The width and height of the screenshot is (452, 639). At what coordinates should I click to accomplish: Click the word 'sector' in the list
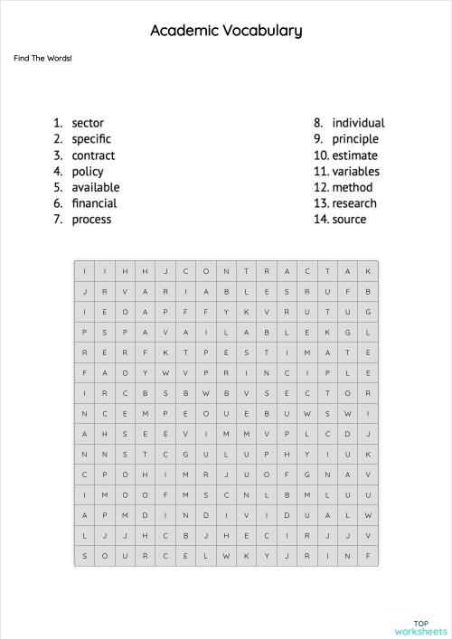[x=88, y=123]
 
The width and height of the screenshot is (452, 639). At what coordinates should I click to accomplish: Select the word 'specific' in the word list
[x=91, y=139]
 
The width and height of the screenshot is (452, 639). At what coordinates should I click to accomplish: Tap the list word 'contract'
[x=93, y=155]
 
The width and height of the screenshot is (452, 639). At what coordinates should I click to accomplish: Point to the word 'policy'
[x=88, y=172]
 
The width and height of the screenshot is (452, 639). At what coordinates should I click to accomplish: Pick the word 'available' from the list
[x=96, y=187]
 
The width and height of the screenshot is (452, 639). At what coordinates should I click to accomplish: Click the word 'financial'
[x=94, y=203]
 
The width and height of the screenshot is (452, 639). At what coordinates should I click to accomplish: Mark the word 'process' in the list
[x=91, y=220]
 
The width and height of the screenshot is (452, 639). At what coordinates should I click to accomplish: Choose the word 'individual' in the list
[x=358, y=123]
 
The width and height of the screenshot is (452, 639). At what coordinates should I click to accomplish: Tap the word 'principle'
[x=355, y=139]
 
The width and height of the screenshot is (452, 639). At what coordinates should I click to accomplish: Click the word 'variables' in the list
[x=355, y=172]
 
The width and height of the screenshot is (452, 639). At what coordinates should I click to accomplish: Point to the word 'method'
[x=352, y=187]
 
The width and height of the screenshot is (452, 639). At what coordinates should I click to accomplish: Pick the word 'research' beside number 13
[x=354, y=203]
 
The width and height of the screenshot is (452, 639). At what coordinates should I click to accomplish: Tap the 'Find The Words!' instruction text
[x=42, y=59]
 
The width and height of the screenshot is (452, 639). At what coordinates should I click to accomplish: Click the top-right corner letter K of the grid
[x=368, y=271]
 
